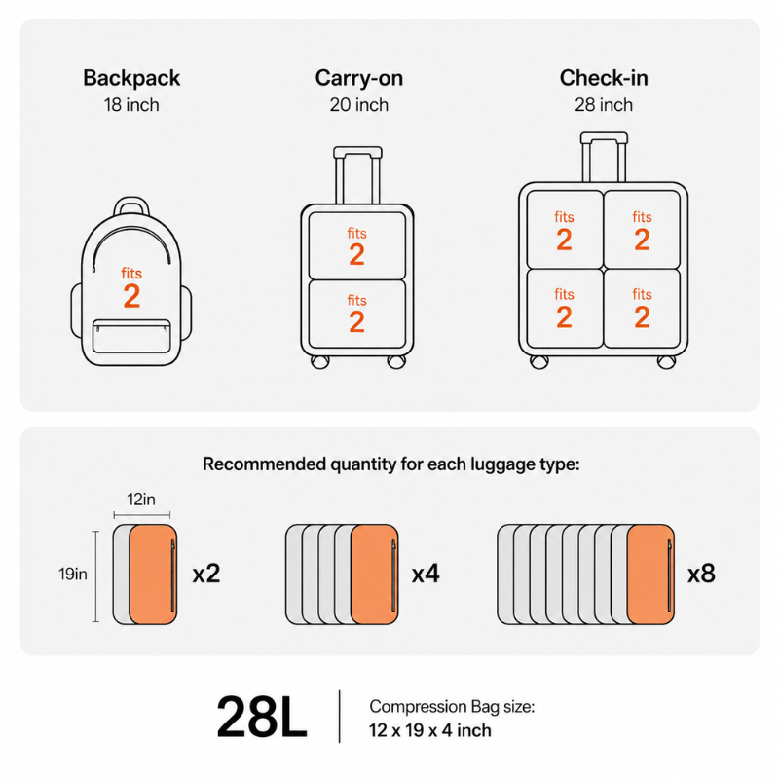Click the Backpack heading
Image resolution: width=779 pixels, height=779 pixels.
(x=131, y=78)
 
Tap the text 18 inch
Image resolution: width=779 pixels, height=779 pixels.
(x=131, y=105)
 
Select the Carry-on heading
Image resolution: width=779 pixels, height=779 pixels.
(x=358, y=78)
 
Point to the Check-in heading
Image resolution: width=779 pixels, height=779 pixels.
(x=604, y=78)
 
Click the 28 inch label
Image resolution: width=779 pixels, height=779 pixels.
(x=604, y=105)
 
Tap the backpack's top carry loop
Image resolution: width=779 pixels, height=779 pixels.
(x=131, y=201)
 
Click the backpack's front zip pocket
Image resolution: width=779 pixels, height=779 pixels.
(x=131, y=336)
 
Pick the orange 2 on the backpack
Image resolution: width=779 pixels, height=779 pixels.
(x=131, y=297)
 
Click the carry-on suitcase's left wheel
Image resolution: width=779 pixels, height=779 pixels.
(x=319, y=361)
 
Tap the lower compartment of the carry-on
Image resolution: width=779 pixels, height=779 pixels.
(x=357, y=314)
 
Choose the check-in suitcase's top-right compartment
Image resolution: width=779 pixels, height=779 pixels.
(x=642, y=230)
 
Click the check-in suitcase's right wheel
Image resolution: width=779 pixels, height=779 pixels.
(x=666, y=362)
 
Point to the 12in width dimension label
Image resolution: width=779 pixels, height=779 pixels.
(x=141, y=499)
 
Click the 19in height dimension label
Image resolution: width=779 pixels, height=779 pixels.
(x=73, y=574)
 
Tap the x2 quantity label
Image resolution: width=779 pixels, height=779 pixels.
(x=206, y=574)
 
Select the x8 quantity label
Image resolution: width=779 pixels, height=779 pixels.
(x=701, y=574)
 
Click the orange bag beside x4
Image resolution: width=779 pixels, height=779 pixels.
(x=375, y=575)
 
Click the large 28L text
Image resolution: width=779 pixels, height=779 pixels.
(x=262, y=718)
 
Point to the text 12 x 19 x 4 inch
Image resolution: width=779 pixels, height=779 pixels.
(x=429, y=730)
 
